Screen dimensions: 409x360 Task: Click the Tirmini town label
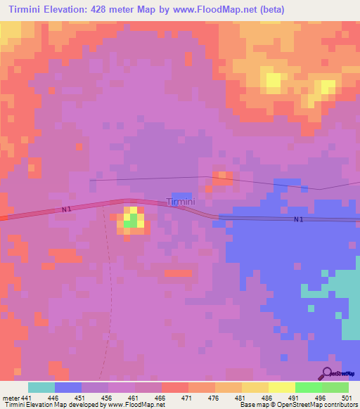tap(180, 202)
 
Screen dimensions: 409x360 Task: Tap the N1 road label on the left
tap(67, 209)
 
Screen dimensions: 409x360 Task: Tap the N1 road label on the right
tap(299, 219)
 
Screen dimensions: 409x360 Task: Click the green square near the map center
tap(131, 220)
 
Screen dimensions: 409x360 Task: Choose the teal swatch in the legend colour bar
tap(41, 387)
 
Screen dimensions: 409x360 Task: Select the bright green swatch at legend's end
tap(335, 387)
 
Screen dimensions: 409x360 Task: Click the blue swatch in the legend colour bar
tap(68, 387)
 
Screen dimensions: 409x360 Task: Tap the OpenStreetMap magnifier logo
tap(326, 372)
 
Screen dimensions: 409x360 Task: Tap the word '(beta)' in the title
tap(269, 9)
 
